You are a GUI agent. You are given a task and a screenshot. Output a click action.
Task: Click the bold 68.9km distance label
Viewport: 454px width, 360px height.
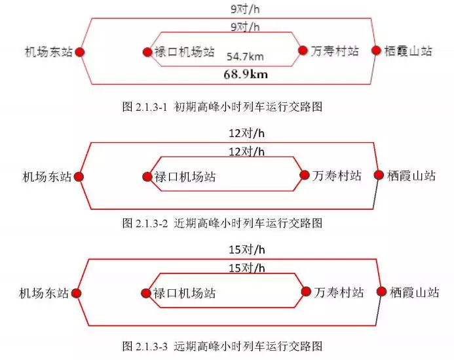tap(246, 75)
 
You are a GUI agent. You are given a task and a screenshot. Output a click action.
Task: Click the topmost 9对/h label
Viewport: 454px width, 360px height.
tap(245, 10)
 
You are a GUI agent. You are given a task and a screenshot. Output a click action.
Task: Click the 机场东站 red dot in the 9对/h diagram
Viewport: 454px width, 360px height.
tap(79, 52)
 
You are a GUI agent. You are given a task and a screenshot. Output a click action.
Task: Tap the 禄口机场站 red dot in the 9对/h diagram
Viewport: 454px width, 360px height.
tap(147, 52)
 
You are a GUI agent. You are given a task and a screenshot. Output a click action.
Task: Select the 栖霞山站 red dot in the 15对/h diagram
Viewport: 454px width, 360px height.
tap(380, 292)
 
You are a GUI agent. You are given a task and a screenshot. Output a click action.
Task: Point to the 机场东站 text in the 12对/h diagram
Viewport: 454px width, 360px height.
tap(47, 176)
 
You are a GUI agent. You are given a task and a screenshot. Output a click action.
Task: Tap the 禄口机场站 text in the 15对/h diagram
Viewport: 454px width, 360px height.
tap(184, 294)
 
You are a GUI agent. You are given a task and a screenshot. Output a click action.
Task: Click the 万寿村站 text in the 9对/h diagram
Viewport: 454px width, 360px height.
tap(335, 51)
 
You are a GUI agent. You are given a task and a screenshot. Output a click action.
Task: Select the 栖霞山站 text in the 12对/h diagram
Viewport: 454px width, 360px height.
tap(411, 176)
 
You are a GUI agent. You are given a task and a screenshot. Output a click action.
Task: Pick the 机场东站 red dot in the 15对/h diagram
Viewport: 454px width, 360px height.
tap(75, 294)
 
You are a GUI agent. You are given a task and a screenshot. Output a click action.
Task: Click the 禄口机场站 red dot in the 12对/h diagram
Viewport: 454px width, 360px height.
tap(147, 176)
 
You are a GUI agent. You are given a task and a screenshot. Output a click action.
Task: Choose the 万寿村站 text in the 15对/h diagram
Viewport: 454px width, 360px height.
tap(339, 292)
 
